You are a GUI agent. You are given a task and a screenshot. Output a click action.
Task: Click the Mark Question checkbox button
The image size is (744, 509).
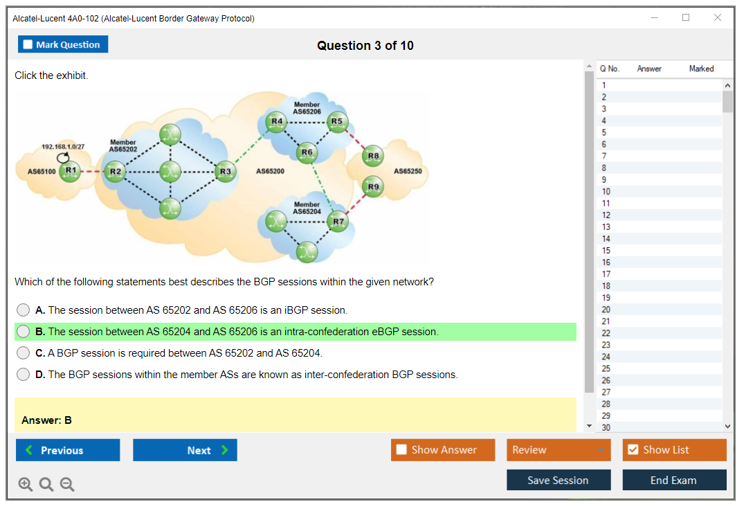click(62, 44)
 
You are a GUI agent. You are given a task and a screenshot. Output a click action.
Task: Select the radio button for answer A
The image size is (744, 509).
click(24, 310)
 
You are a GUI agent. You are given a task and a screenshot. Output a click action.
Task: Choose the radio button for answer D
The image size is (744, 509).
click(24, 375)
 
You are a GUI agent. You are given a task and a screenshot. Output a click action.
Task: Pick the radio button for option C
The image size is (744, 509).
click(24, 353)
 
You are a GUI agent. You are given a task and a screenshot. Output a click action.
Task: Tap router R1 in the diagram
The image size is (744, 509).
click(70, 170)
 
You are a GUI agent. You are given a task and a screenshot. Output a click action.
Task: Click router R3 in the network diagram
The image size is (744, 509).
click(225, 170)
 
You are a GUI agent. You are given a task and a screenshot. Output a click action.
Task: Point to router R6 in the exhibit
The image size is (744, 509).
click(307, 152)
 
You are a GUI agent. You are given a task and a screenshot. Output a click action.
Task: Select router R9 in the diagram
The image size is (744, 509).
click(374, 186)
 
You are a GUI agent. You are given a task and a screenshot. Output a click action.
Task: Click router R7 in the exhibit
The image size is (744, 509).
click(338, 222)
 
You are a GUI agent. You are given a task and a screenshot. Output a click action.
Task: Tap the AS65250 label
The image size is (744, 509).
click(407, 171)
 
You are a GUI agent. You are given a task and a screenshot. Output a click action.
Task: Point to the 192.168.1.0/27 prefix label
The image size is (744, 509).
click(63, 147)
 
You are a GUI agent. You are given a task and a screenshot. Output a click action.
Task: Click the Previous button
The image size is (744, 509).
click(68, 450)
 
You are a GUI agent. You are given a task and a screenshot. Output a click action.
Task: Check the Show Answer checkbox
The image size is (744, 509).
click(401, 450)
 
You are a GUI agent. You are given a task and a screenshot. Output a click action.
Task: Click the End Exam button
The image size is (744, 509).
click(674, 480)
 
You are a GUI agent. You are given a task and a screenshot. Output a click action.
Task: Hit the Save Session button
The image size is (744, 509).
click(558, 480)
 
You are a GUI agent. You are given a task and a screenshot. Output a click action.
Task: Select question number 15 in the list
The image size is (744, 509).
click(606, 251)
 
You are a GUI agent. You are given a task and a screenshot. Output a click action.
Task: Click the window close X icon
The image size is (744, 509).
click(718, 18)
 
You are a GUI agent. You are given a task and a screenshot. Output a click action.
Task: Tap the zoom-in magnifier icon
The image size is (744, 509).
click(26, 485)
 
